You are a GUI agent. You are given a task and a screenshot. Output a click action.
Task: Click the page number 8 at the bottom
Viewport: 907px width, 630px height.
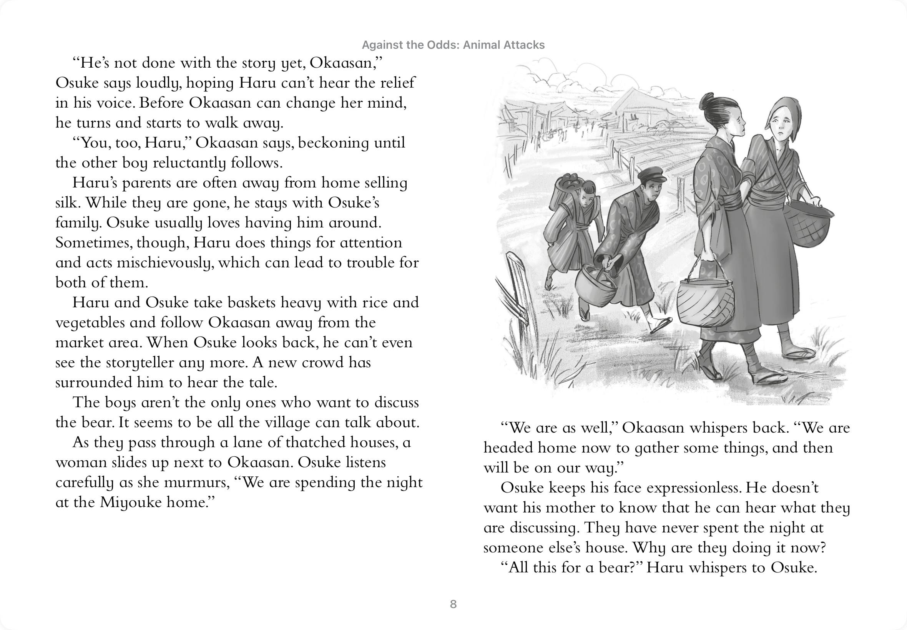[x=453, y=604]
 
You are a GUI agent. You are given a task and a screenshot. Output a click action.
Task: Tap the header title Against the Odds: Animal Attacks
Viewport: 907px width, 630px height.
[x=453, y=45]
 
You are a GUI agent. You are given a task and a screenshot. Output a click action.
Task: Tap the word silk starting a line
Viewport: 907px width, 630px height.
[x=66, y=203]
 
